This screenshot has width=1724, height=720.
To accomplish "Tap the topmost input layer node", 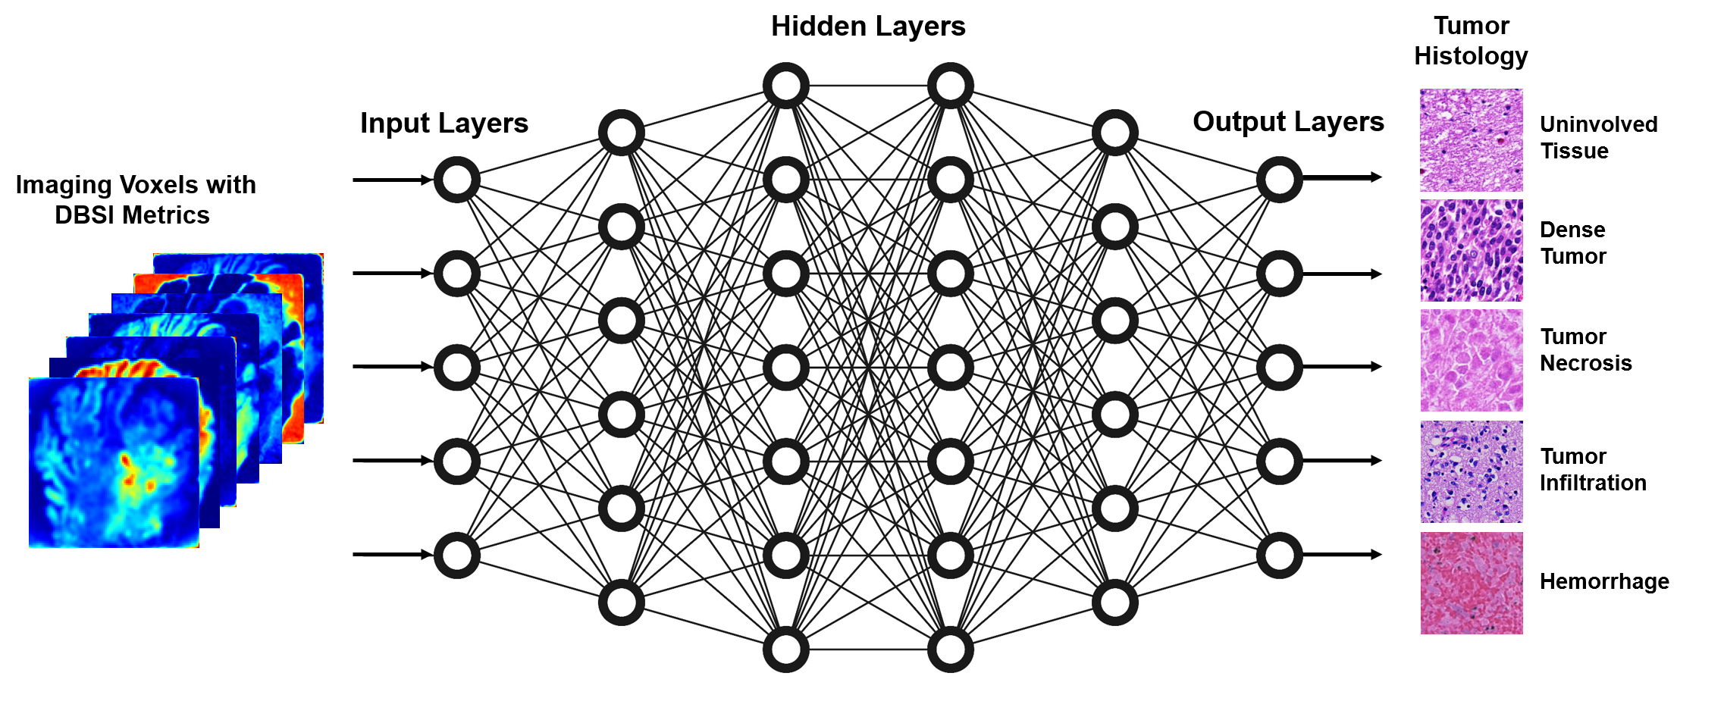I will point(457,180).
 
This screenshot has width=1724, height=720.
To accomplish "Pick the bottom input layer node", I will point(457,555).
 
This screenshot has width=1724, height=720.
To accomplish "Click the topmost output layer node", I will point(1280,180).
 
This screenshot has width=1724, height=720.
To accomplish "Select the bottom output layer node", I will point(1280,555).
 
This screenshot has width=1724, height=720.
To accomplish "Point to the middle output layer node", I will point(1280,367).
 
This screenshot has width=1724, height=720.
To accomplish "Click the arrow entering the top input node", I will point(391,180).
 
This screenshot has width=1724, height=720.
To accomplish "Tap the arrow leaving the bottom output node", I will point(1342,555).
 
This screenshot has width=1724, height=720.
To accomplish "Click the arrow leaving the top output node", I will point(1342,177).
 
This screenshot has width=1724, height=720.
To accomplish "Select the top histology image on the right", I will point(1471,140).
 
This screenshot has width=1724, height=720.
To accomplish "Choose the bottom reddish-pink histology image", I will point(1471,583).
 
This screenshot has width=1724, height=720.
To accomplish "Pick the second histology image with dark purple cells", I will point(1471,251).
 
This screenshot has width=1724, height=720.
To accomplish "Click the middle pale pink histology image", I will point(1471,361).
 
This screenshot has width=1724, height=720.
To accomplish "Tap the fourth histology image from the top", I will point(1471,472).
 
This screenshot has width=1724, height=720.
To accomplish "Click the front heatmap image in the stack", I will point(114,462).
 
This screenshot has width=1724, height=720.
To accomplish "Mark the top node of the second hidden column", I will point(786,86).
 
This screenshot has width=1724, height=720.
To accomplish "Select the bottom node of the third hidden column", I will point(951,650).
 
